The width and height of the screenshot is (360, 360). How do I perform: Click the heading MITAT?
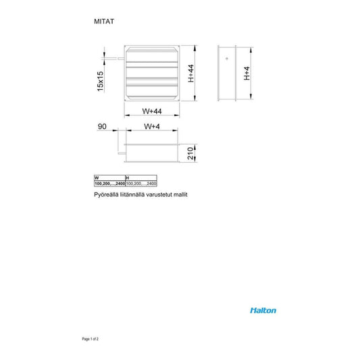coord(104,22)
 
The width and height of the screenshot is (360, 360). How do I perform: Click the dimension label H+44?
coord(191,73)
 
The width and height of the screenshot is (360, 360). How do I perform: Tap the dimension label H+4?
coord(247,73)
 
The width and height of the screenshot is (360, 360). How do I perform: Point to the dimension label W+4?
coord(152,127)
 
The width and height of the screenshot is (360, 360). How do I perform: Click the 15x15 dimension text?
coord(101,81)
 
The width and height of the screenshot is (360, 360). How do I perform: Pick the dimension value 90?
coord(103,127)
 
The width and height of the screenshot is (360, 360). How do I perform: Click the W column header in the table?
coord(97,178)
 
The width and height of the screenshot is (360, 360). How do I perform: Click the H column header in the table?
coord(128,178)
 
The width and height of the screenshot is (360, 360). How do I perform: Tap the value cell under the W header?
coord(109,183)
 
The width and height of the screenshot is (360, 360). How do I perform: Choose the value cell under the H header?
coord(141,183)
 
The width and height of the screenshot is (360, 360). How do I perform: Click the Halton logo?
coord(263,311)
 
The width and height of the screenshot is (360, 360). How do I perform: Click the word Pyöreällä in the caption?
coord(107,194)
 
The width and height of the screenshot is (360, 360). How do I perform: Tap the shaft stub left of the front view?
coord(120,60)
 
